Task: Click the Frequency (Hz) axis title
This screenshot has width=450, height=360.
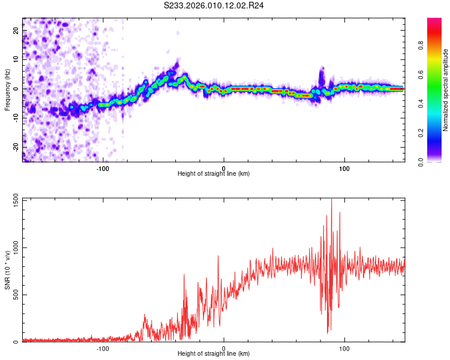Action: tap(8, 89)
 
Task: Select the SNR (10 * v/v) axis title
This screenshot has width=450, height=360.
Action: tap(8, 270)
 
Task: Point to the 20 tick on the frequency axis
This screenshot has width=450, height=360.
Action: tap(16, 30)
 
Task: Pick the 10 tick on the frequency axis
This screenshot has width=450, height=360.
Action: tap(16, 59)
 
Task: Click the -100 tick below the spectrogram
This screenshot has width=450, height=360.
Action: tap(103, 167)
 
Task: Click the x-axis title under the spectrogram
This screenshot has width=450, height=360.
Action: tap(214, 174)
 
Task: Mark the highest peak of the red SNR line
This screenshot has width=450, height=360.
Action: tap(332, 199)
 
